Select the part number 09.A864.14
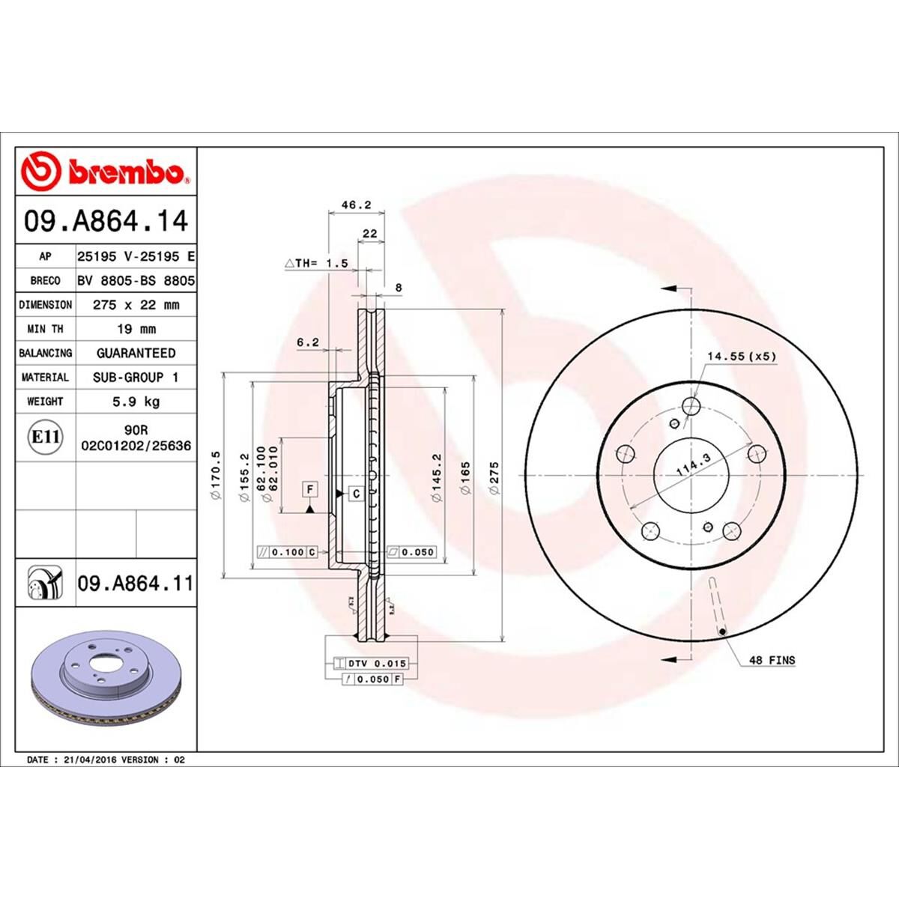pyautogui.click(x=106, y=222)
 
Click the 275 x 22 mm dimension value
pyautogui.click(x=136, y=305)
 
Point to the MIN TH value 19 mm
pyautogui.click(x=136, y=329)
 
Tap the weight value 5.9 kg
pyautogui.click(x=136, y=402)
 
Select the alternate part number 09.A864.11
pyautogui.click(x=135, y=582)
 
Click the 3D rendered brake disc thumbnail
pyautogui.click(x=106, y=679)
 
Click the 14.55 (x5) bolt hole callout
pyautogui.click(x=740, y=357)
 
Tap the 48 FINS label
pyautogui.click(x=772, y=660)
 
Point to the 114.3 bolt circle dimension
pyautogui.click(x=693, y=468)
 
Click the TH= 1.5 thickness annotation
pyautogui.click(x=317, y=263)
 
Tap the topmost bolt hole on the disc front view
pyautogui.click(x=692, y=407)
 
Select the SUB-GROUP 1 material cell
pyautogui.click(x=136, y=377)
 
